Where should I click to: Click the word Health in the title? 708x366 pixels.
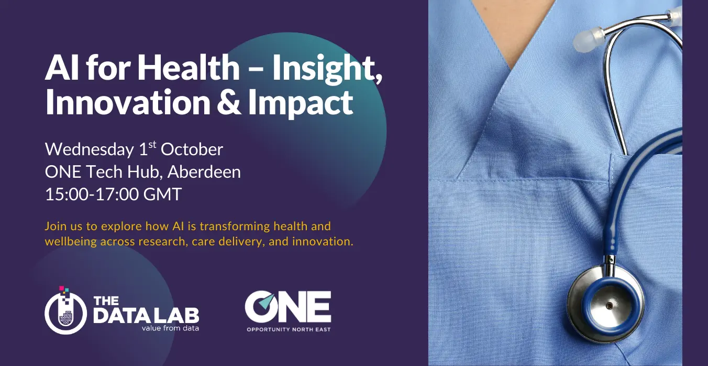click(189, 68)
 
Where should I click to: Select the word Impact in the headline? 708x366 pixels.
click(301, 103)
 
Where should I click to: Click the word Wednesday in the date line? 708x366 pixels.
click(90, 149)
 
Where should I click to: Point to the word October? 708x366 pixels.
click(192, 149)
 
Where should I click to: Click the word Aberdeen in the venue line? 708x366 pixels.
click(204, 172)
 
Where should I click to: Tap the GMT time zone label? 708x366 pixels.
click(162, 194)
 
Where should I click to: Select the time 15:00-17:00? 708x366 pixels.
click(92, 194)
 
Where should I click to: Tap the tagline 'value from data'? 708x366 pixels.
click(170, 328)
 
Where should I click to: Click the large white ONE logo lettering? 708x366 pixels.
click(288, 307)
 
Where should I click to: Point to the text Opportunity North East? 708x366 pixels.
click(289, 330)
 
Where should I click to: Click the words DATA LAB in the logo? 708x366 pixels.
click(146, 315)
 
